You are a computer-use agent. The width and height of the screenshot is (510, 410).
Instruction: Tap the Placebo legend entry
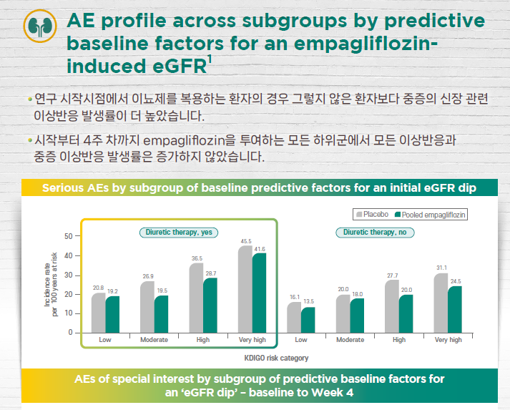(x=372, y=214)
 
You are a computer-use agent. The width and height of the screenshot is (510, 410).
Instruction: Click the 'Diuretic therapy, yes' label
(x=178, y=232)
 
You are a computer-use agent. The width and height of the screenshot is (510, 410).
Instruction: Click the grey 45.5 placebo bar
(x=245, y=290)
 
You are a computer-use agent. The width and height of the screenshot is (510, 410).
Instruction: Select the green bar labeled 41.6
(x=259, y=293)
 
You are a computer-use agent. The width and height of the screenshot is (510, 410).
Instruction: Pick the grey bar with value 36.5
(x=196, y=298)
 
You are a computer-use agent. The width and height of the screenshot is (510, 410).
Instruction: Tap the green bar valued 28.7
(x=210, y=306)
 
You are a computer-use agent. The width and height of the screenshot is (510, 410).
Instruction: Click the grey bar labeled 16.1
(x=295, y=318)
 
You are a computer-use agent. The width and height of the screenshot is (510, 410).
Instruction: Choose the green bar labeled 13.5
(x=308, y=320)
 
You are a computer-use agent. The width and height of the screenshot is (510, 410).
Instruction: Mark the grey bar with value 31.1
(x=441, y=303)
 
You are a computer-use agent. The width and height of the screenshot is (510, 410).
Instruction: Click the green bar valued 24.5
(x=455, y=309)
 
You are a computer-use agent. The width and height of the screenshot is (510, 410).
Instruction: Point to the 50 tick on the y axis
(x=67, y=235)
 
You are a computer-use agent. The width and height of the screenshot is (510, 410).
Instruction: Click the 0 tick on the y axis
(x=69, y=333)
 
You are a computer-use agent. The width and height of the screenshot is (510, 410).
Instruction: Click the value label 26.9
(x=147, y=275)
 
